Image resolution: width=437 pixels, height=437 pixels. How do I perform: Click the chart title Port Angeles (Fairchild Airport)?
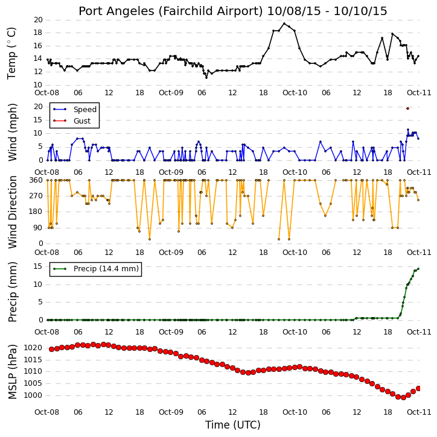[x=170, y=11]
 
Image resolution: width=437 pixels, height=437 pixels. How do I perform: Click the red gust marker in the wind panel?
[x=407, y=108]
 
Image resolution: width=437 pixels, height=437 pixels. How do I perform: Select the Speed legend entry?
[x=74, y=109]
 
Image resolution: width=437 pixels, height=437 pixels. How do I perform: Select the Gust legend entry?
[x=72, y=121]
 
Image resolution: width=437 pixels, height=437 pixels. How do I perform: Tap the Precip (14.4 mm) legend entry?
[x=95, y=269]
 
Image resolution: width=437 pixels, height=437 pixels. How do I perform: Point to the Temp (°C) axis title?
[x=11, y=53]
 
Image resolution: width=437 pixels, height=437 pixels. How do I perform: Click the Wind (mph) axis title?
[x=12, y=132]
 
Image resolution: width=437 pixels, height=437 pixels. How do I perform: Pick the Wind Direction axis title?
[x=12, y=212]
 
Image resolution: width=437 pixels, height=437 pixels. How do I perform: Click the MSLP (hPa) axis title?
[x=12, y=372]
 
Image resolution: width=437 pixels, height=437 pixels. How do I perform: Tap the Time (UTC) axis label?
[x=233, y=425]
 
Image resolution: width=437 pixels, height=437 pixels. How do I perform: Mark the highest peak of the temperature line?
[x=284, y=24]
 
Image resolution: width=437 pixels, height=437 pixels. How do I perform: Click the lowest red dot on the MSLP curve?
[x=403, y=397]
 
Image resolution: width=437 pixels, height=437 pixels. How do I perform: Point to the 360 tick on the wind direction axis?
[x=36, y=180]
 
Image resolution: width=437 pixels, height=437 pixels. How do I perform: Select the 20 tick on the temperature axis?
[x=38, y=20]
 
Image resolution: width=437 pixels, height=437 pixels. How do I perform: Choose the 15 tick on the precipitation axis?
[x=38, y=266]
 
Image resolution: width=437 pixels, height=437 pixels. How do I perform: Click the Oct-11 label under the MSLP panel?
[x=419, y=412]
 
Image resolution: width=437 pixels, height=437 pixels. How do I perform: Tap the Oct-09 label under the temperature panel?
[x=171, y=93]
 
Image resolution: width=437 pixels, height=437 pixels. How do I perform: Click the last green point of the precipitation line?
[x=418, y=269]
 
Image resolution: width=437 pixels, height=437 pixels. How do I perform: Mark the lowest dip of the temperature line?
[x=206, y=78]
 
